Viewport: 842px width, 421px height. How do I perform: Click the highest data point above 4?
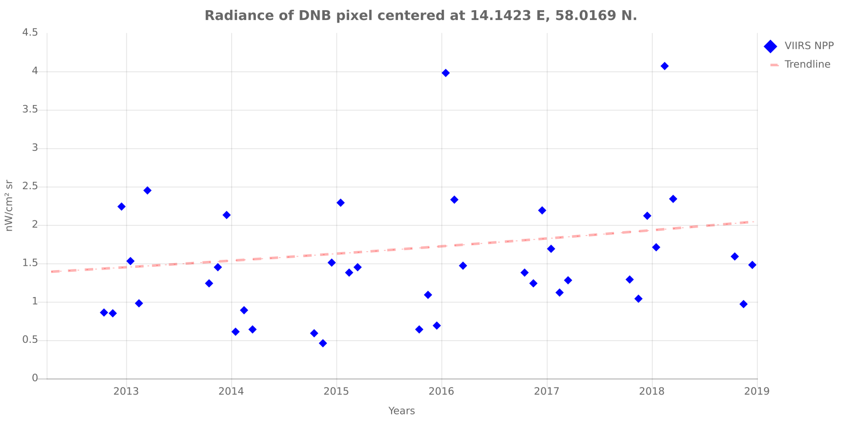point(664,66)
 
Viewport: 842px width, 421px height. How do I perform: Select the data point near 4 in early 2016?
point(446,73)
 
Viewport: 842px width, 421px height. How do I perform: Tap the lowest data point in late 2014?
point(323,343)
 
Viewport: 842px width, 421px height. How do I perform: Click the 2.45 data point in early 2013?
point(147,190)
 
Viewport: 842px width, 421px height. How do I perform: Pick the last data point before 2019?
point(752,265)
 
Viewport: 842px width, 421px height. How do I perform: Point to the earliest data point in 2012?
point(104,312)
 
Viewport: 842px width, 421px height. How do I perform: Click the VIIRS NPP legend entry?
point(809,46)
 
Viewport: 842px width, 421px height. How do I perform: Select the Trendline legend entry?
point(807,64)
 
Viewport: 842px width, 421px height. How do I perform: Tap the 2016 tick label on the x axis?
point(442,391)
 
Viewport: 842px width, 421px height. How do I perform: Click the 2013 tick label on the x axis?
point(127,391)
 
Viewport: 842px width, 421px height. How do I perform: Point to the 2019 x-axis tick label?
point(757,391)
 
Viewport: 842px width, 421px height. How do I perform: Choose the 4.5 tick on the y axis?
point(30,33)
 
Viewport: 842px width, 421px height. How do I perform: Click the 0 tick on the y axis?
point(35,378)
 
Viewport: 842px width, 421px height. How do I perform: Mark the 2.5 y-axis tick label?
point(30,187)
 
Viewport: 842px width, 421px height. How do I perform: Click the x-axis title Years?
point(401,411)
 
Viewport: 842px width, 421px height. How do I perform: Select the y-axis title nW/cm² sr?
point(9,205)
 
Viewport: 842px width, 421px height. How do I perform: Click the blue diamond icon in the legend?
point(770,46)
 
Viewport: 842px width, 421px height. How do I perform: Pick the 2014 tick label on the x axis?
point(232,391)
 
